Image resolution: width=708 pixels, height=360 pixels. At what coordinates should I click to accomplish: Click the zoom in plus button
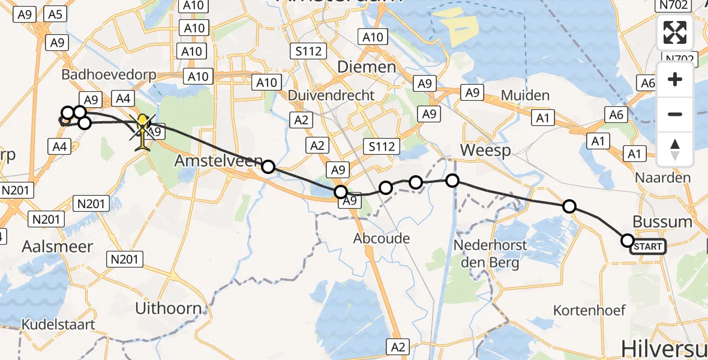click(x=675, y=79)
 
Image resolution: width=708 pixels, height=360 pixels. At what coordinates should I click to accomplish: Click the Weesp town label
click(x=487, y=149)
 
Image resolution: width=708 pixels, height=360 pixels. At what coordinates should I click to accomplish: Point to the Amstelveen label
click(x=218, y=161)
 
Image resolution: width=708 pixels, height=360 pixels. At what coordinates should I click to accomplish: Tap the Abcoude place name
click(x=382, y=238)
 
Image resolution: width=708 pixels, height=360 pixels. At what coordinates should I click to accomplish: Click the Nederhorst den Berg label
click(x=490, y=253)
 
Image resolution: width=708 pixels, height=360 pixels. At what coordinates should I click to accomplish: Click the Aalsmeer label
click(x=58, y=246)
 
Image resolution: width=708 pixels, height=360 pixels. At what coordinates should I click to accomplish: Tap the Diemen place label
click(x=367, y=67)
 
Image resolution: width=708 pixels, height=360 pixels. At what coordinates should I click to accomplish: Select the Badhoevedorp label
click(x=109, y=75)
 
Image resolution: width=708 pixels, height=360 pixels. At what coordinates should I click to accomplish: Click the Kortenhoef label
click(x=590, y=310)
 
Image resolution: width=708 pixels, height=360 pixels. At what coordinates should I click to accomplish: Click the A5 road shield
click(x=56, y=15)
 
